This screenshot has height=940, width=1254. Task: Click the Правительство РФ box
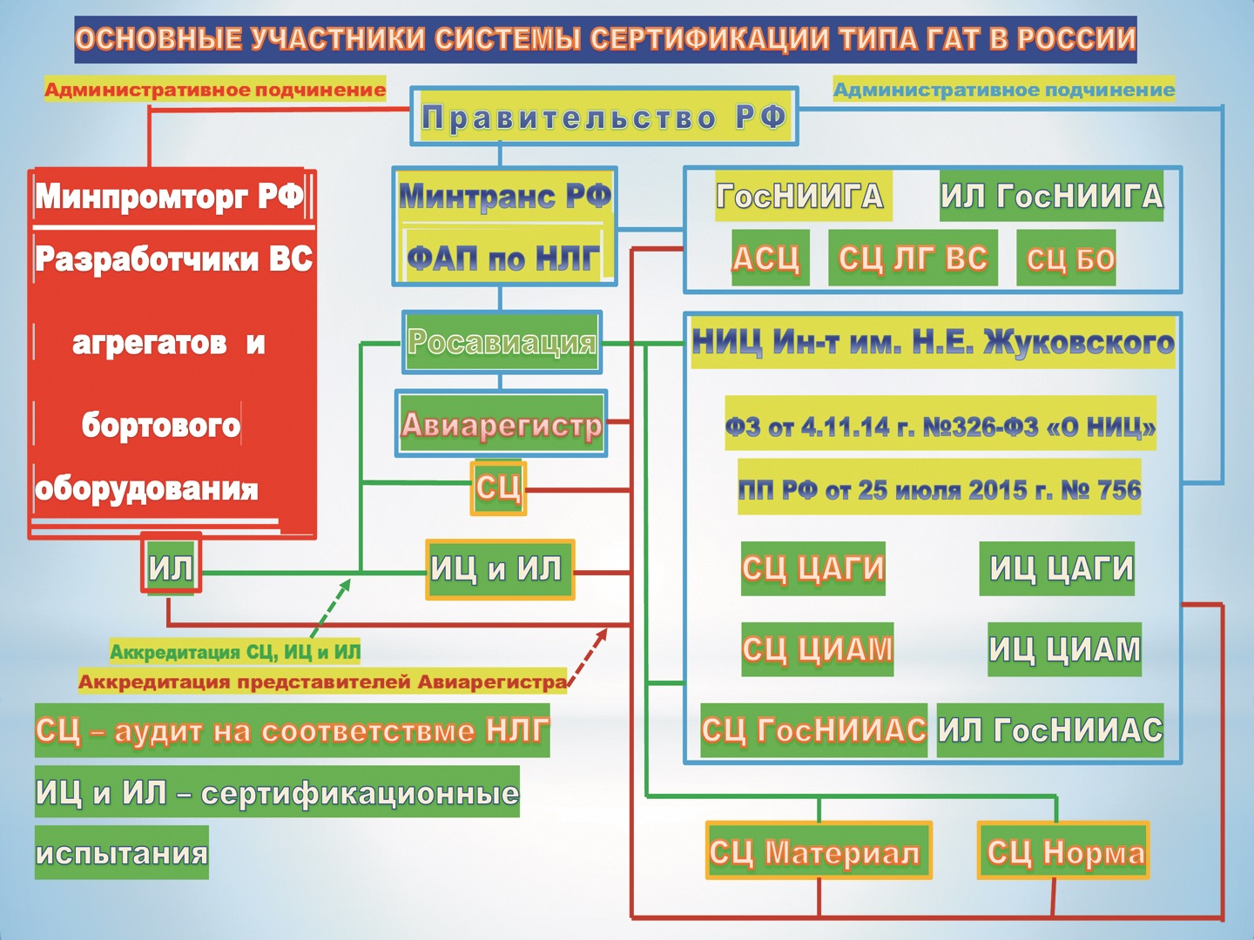[x=604, y=117]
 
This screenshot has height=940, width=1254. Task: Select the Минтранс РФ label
[x=505, y=197]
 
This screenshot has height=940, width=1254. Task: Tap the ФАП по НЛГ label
[x=503, y=258]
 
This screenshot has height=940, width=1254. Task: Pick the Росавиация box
[x=502, y=341]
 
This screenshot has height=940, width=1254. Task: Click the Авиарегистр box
[x=502, y=424]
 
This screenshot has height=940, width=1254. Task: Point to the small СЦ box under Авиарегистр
[x=498, y=487]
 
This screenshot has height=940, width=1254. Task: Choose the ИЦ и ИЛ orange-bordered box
[x=500, y=569]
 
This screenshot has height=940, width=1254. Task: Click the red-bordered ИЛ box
[x=171, y=568]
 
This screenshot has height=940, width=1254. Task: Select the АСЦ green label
[x=769, y=258]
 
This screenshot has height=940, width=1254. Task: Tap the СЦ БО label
[x=1066, y=258]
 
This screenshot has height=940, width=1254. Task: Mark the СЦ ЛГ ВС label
[x=912, y=258]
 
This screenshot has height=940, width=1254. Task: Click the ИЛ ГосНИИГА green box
[x=1051, y=197]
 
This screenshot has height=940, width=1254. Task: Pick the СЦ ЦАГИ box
[x=812, y=568]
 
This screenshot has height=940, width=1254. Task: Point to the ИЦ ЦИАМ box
[x=1063, y=649]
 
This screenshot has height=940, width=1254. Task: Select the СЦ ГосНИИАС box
[x=813, y=730]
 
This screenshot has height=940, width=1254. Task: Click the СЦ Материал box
[x=818, y=851]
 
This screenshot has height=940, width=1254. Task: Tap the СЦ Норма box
[x=1063, y=851]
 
